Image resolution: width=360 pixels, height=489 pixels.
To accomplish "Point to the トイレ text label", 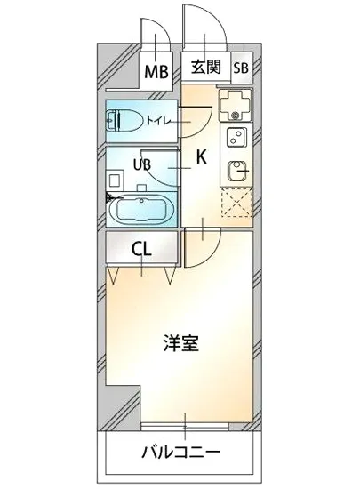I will [x=160, y=116].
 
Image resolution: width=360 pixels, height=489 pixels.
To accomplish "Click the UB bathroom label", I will [x=142, y=164].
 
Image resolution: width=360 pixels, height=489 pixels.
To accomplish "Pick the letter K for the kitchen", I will [x=202, y=158].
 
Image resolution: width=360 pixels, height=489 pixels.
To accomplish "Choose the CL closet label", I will [x=141, y=248].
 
